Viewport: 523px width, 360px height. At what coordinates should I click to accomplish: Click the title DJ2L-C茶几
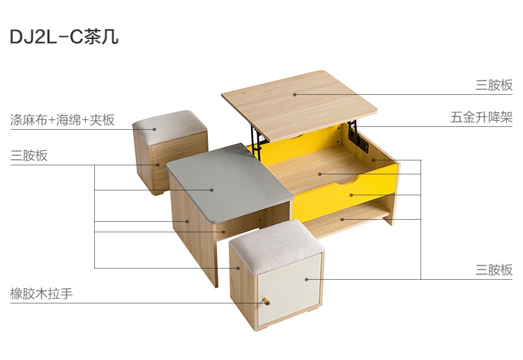click(64, 37)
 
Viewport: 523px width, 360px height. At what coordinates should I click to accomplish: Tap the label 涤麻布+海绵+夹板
click(62, 120)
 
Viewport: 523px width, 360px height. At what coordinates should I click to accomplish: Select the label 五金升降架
click(481, 117)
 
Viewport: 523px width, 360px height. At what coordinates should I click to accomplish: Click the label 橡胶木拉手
click(41, 294)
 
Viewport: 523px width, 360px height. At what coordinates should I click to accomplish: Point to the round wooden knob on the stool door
click(266, 302)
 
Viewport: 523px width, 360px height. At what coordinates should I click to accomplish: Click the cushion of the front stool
click(277, 246)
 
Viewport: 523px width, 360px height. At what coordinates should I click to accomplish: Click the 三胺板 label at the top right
click(494, 85)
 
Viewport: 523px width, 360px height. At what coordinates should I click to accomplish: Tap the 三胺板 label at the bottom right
click(494, 269)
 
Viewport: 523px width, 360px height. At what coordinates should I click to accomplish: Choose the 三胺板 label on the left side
click(29, 156)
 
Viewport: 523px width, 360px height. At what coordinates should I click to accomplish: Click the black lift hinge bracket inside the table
click(358, 137)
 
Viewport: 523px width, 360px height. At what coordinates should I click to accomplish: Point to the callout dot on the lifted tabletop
click(295, 94)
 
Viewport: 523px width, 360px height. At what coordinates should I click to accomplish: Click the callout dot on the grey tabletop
click(212, 190)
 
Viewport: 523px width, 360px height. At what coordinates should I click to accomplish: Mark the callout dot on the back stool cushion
click(155, 129)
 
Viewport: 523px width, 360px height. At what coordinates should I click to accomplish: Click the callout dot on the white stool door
click(307, 279)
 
